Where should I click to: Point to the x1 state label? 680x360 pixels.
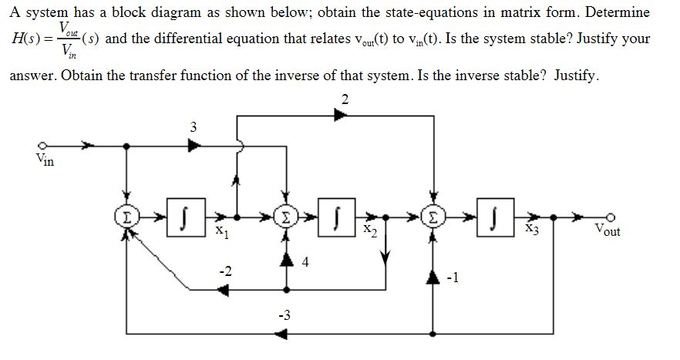(221, 230)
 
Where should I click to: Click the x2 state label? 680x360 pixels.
(370, 230)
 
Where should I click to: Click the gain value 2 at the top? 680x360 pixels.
(344, 99)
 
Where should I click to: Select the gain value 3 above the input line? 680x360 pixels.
(192, 126)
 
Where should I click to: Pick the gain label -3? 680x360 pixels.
(284, 315)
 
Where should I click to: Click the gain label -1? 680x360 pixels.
(453, 280)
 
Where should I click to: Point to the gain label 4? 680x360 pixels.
(305, 262)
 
